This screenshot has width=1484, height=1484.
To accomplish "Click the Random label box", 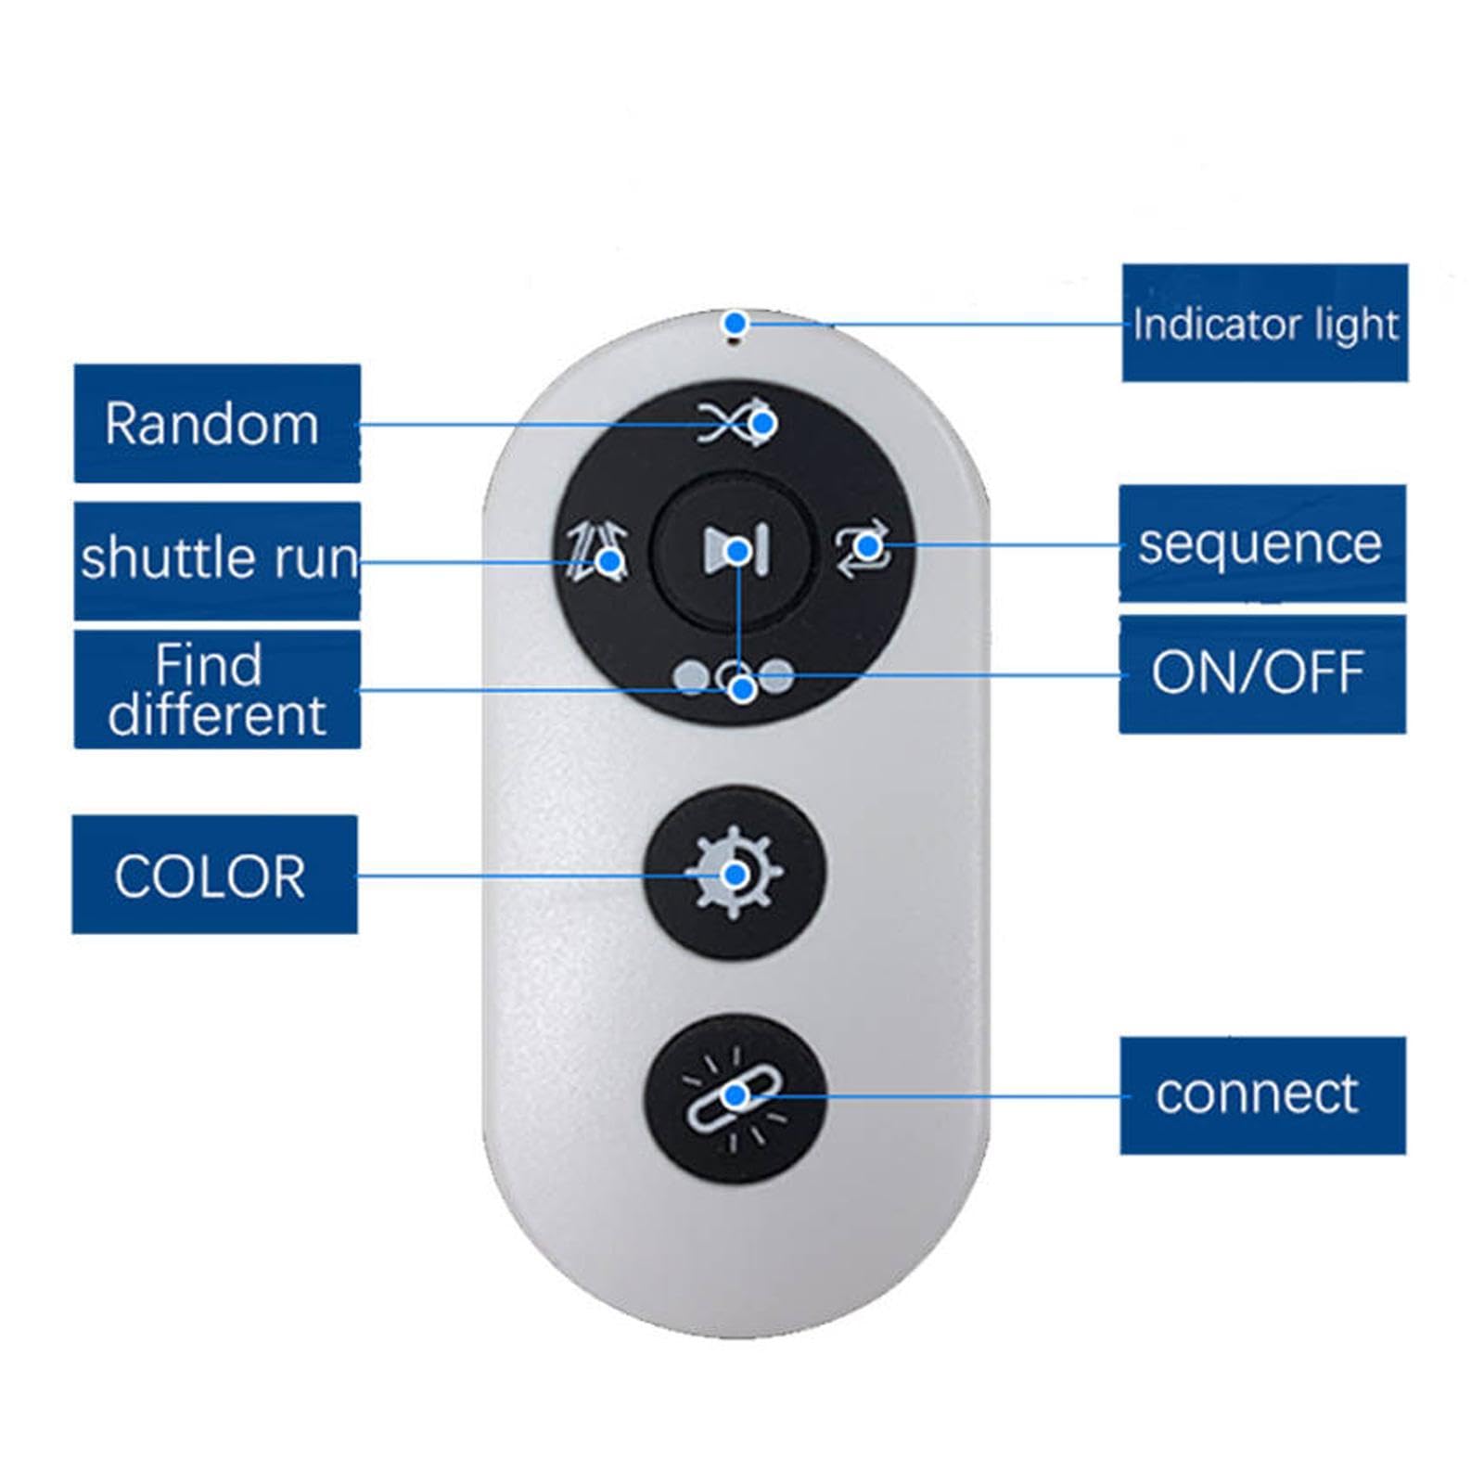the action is pos(217,423).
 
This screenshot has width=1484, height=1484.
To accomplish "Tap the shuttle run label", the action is pos(217,560).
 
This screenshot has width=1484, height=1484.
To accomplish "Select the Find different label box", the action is pos(217,689).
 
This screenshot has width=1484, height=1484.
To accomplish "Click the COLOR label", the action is pos(214,874).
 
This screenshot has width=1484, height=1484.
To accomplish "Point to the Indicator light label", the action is pos(1264,323).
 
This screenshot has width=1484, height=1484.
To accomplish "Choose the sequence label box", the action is pos(1261,543).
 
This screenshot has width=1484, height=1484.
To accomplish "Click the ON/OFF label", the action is pos(1261,673).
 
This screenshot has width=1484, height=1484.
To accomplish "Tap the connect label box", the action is pos(1261,1095).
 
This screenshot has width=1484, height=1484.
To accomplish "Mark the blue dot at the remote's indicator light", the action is pos(736,324).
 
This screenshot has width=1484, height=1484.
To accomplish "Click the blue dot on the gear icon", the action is pos(736,875).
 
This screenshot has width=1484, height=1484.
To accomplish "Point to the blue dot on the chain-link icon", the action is pos(736,1096).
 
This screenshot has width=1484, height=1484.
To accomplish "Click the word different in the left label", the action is pos(217,715).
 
